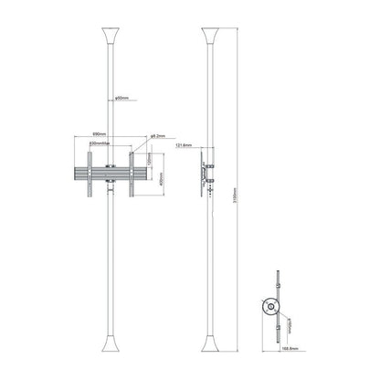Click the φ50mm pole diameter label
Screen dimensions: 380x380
tap(125, 99)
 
